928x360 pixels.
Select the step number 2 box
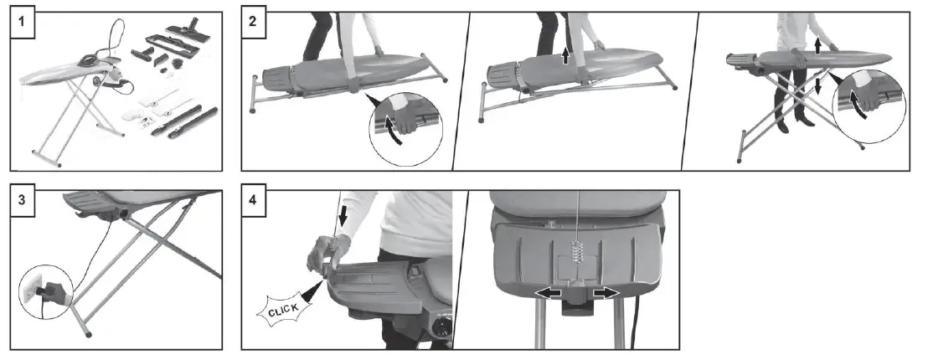[x=254, y=24]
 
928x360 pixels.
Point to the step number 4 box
[x=254, y=203]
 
